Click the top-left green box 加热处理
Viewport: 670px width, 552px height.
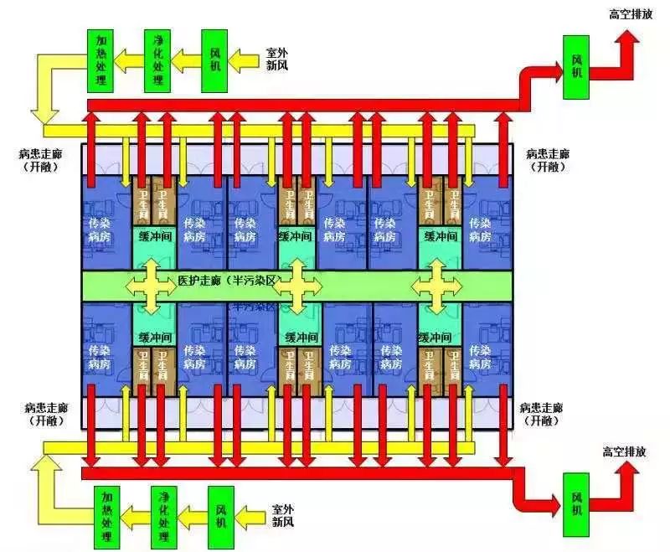[101, 60]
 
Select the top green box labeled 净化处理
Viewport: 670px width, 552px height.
[157, 60]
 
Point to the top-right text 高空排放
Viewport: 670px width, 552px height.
[631, 14]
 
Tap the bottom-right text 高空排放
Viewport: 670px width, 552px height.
[624, 451]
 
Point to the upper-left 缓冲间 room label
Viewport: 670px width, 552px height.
[154, 237]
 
